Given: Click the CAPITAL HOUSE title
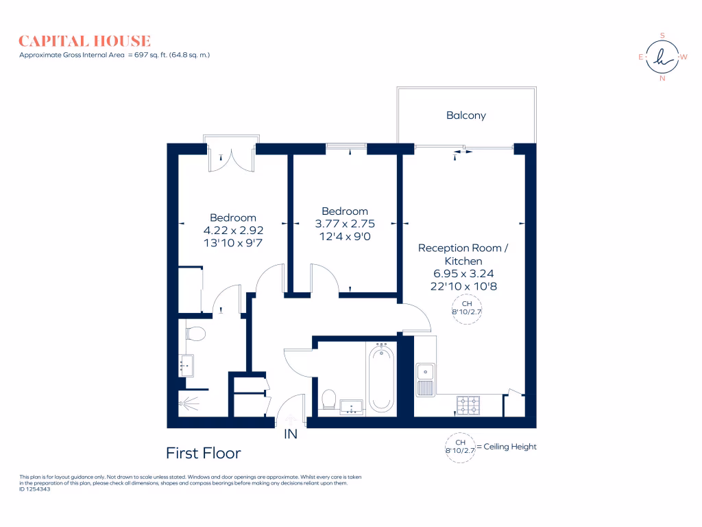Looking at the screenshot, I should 85,41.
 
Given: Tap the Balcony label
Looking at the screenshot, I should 466,115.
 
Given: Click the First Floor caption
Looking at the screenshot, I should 204,453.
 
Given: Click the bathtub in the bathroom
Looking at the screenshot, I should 381,379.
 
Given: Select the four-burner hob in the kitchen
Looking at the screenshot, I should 469,406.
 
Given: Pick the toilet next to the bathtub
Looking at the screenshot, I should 328,399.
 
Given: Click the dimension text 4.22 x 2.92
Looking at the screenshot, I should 233,230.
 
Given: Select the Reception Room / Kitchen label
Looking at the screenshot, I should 463,254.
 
